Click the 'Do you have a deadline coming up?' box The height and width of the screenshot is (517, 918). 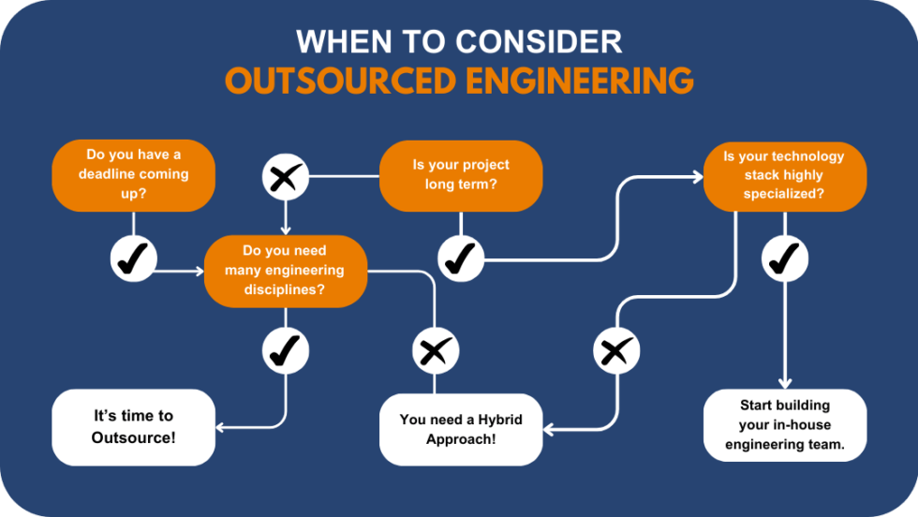click(133, 175)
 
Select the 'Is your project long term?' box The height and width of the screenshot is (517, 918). click(460, 175)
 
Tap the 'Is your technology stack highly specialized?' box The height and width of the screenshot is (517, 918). click(784, 175)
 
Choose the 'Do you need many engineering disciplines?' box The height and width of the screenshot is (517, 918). click(285, 271)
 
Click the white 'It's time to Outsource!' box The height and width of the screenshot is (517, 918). click(133, 427)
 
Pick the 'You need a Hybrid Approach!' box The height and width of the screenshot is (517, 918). click(460, 429)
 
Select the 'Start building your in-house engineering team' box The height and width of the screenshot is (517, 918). click(784, 425)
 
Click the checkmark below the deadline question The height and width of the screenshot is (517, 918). click(133, 258)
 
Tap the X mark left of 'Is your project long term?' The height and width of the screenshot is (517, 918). click(285, 176)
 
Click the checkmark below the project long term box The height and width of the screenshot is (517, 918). click(460, 258)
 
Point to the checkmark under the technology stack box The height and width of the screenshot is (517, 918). click(784, 258)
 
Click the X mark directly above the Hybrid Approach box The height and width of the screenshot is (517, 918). click(435, 351)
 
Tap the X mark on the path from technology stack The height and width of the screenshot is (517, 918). click(615, 351)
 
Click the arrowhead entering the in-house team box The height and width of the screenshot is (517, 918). click(784, 383)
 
